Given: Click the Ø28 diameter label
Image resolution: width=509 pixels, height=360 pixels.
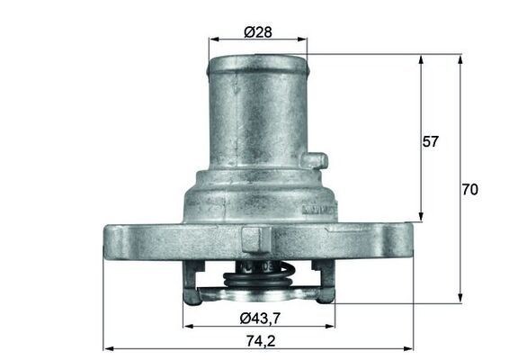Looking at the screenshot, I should click(258, 31).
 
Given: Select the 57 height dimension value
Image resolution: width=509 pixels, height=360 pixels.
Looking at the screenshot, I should click(431, 141).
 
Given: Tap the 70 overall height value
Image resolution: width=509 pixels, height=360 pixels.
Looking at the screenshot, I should click(469, 190).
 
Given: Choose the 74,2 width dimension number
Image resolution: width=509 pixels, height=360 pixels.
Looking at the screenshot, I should click(258, 341).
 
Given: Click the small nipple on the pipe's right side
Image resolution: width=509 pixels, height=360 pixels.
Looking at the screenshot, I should click(312, 161).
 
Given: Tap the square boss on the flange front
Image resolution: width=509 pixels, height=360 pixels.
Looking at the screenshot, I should click(253, 238).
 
